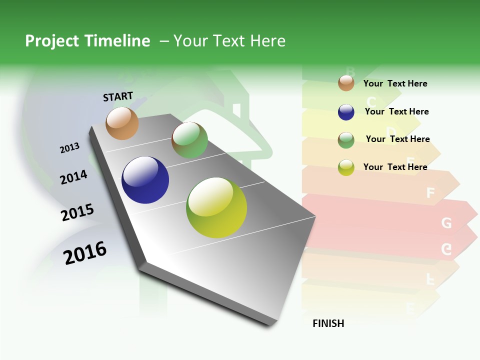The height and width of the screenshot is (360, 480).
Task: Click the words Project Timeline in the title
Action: tap(87, 41)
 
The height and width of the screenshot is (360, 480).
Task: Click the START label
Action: tap(118, 96)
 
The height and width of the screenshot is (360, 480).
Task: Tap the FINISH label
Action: tap(328, 323)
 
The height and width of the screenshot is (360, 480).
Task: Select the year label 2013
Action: tap(69, 148)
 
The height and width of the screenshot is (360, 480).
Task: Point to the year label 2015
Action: tap(77, 212)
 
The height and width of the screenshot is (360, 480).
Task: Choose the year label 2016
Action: tap(85, 253)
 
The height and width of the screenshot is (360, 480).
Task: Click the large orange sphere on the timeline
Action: tap(122, 123)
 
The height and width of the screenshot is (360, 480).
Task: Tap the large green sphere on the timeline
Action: tap(189, 140)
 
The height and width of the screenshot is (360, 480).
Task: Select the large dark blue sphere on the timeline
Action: tap(145, 180)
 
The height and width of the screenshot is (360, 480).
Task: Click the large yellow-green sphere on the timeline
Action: tap(216, 207)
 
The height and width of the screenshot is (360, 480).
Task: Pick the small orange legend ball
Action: tap(346, 83)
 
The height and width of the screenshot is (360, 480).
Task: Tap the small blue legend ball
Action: tap(346, 112)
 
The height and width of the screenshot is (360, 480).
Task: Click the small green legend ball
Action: tap(346, 140)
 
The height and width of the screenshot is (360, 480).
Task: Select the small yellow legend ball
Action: tap(346, 167)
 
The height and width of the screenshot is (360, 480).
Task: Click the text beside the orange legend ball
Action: tap(395, 83)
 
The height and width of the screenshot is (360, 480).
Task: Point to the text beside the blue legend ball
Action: tap(396, 111)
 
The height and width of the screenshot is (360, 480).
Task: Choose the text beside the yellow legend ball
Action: tap(395, 167)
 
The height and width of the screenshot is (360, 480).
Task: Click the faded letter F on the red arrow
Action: tap(430, 193)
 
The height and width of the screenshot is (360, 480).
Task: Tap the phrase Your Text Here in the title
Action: tap(229, 41)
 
